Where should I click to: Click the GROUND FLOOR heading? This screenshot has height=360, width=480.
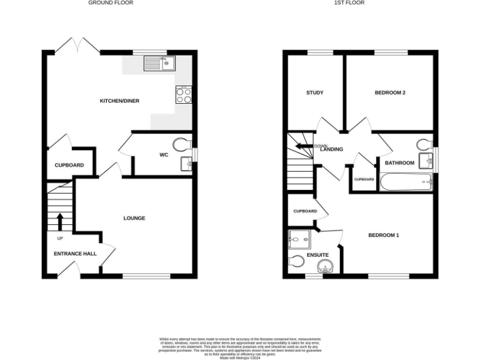point(110,3)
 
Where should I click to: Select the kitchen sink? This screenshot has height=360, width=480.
point(161,62)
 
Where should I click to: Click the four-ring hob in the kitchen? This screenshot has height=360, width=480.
point(184,95)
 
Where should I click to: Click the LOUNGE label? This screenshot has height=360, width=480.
point(134,218)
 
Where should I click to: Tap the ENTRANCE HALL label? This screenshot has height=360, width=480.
point(75,253)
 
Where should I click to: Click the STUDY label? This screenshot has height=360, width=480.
point(315,93)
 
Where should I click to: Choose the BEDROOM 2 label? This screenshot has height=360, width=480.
point(390,93)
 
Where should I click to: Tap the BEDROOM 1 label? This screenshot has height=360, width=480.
point(383,235)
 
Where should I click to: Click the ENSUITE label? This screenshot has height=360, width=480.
point(317,255)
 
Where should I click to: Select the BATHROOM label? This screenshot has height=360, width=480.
point(399,163)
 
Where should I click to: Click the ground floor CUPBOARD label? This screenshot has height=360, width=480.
point(69,166)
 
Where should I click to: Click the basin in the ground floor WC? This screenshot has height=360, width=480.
point(185,164)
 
